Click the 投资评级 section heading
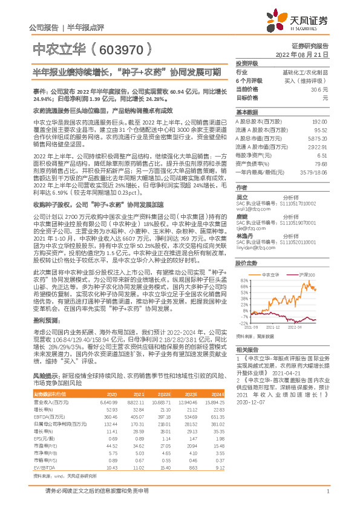247,63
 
